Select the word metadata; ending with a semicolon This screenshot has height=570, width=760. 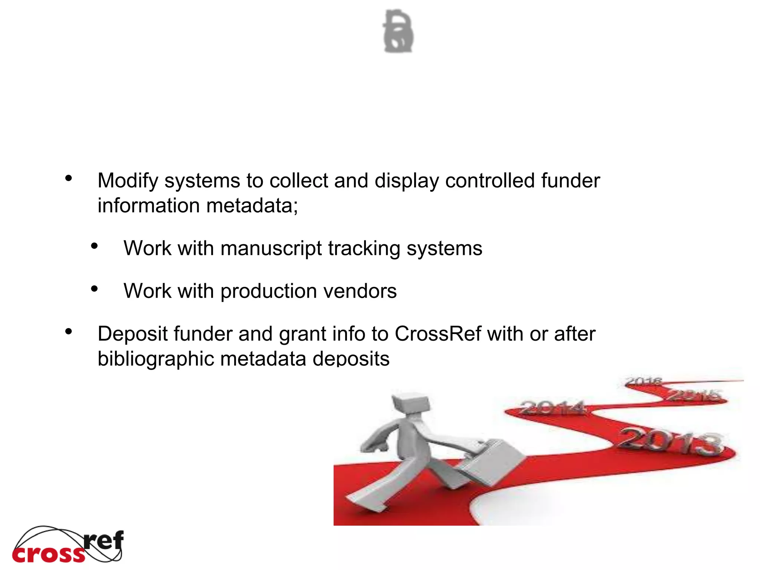click(x=252, y=206)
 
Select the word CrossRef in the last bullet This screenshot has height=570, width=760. click(x=438, y=334)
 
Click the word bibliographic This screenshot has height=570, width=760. click(x=156, y=359)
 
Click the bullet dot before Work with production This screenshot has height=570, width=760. click(x=94, y=289)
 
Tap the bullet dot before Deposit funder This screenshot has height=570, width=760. click(x=68, y=331)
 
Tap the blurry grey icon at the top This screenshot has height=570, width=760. click(x=398, y=31)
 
